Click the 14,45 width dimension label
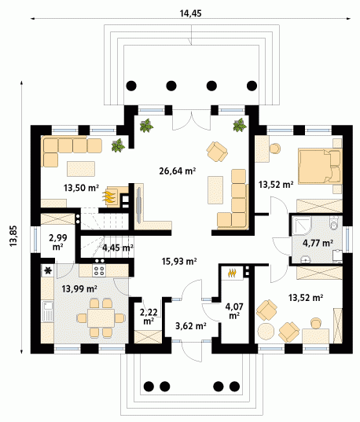pyautogui.click(x=190, y=13)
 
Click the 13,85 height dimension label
pyautogui.click(x=13, y=236)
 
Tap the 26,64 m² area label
pyautogui.click(x=178, y=171)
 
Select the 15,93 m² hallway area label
pyautogui.click(x=179, y=261)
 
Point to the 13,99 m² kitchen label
pyautogui.click(x=79, y=288)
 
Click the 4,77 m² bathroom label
pyautogui.click(x=318, y=243)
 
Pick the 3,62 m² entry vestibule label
pyautogui.click(x=191, y=326)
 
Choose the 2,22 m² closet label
pyautogui.click(x=149, y=316)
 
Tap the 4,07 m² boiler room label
pyautogui.click(x=234, y=310)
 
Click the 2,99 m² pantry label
pyautogui.click(x=58, y=242)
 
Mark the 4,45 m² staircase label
pyautogui.click(x=118, y=247)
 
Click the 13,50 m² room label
pyautogui.click(x=81, y=188)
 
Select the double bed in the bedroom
pyautogui.click(x=320, y=167)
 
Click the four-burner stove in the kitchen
pyautogui.click(x=99, y=270)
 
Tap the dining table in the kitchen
pyautogui.click(x=101, y=318)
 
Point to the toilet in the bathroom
pyautogui.click(x=334, y=222)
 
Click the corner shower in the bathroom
pyautogui.click(x=302, y=225)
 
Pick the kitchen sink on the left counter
pyautogui.click(x=48, y=311)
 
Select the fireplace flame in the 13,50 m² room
pyautogui.click(x=109, y=196)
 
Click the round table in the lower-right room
pyautogui.click(x=266, y=332)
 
